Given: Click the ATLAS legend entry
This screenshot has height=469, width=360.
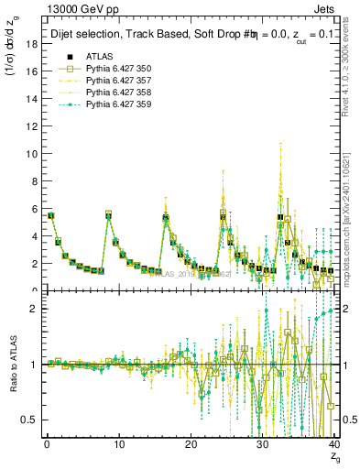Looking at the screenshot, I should click(98, 56).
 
